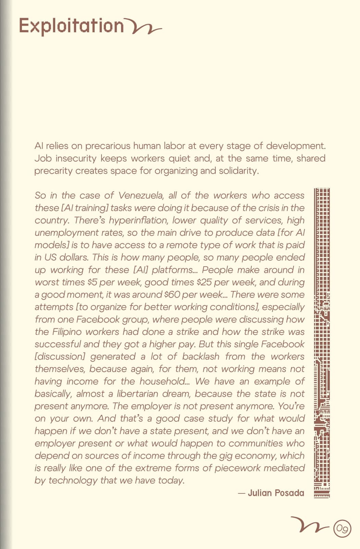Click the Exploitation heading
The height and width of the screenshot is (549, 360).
(x=71, y=26)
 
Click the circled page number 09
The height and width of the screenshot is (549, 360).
(x=342, y=528)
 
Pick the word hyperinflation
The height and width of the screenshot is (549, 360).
(x=138, y=220)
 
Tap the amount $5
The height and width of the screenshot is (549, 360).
(x=93, y=282)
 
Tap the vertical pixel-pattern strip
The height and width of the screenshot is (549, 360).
(x=322, y=343)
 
